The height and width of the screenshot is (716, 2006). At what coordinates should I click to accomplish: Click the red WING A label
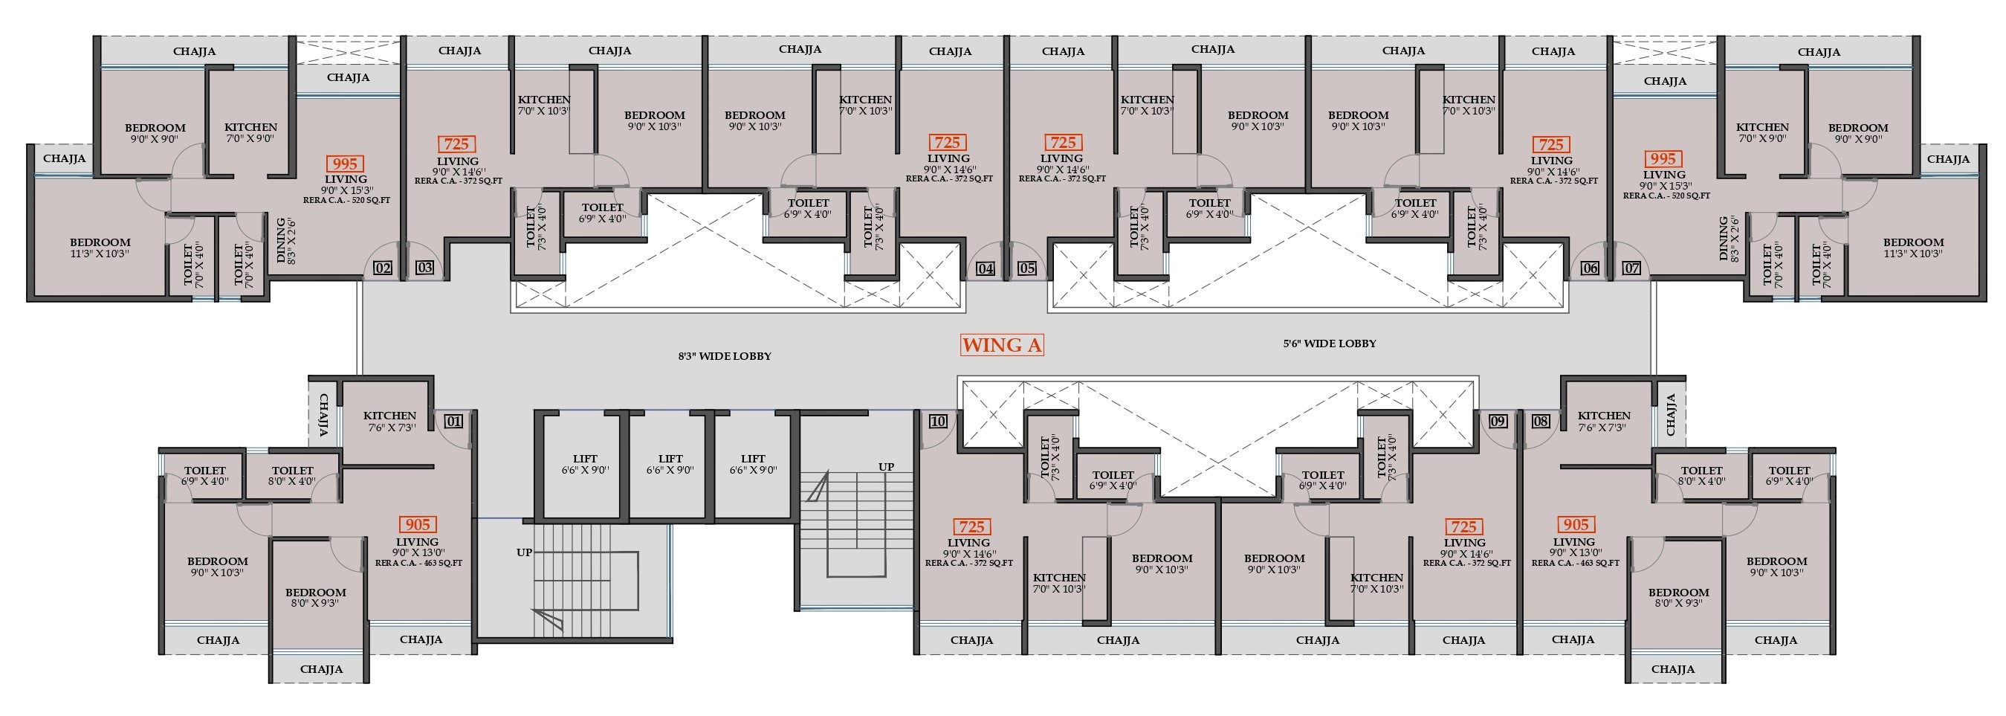pos(1001,345)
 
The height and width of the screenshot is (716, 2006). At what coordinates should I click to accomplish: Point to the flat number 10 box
pos(937,422)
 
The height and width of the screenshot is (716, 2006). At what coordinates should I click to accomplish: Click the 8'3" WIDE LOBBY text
pos(724,356)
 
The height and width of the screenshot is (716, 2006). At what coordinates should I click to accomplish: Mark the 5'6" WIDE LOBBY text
pos(1330,344)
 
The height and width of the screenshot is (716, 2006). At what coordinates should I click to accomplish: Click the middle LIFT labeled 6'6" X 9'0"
pos(670,465)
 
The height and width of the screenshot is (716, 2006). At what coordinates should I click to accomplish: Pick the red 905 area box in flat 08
pos(1576,525)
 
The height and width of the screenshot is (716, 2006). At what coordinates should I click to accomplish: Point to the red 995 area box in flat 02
pos(344,164)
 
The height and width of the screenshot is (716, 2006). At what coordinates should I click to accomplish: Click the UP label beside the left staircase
pos(524,552)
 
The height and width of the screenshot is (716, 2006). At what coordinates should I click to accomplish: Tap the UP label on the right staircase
pos(886,468)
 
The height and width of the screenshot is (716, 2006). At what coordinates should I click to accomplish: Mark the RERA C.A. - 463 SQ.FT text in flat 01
pos(419,563)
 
